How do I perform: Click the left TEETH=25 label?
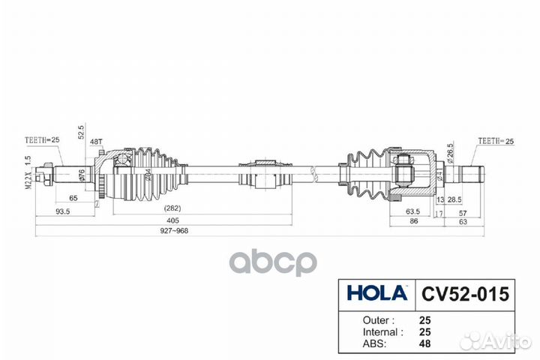tap(43, 139)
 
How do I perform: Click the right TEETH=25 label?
tap(496, 140)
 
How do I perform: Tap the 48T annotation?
tap(96, 141)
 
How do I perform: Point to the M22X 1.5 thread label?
tap(28, 171)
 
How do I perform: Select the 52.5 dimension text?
tap(81, 133)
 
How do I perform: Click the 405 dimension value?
tap(173, 220)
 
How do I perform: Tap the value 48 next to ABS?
tap(426, 346)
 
